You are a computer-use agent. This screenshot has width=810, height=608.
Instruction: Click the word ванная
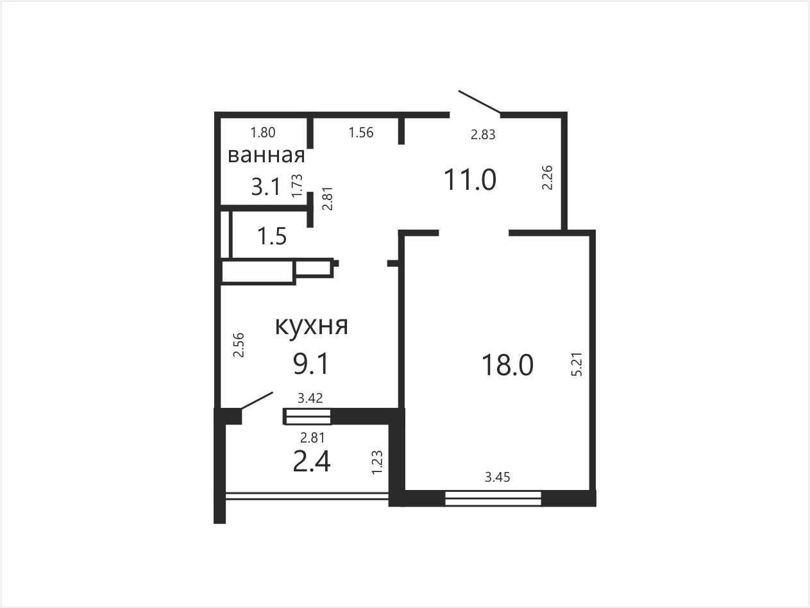coord(266,155)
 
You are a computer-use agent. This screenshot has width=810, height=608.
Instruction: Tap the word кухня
coord(312,326)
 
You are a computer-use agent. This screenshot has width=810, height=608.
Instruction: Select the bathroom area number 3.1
coord(266,187)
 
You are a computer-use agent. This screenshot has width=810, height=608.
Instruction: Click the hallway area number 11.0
coord(469,180)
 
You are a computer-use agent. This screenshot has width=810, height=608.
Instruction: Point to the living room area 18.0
coord(507,365)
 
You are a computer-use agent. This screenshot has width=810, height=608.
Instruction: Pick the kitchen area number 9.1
coord(310,364)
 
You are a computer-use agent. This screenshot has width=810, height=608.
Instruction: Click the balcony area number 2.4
coord(312,462)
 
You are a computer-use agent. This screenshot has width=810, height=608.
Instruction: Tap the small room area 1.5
coord(272,236)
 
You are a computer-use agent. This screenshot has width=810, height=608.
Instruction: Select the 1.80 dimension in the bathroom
coord(263,133)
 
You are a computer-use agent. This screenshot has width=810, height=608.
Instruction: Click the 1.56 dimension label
coord(361,133)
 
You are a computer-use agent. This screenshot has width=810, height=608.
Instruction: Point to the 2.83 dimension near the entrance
coord(483,135)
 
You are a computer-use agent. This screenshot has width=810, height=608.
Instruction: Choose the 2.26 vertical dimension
coord(547,178)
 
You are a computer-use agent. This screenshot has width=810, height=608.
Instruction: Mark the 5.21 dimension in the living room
coord(577,364)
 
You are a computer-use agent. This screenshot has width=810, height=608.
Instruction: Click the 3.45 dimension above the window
coord(497,477)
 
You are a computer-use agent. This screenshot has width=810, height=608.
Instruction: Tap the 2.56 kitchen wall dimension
coord(239,345)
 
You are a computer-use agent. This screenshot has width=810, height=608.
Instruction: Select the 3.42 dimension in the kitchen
coord(310,398)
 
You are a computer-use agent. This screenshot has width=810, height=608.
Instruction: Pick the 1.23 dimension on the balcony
coord(377,463)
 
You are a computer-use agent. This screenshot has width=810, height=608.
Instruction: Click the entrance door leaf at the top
coord(479,101)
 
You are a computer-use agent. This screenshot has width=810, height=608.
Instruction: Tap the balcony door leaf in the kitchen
coord(257,400)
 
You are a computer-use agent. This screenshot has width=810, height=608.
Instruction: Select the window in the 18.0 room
coord(493,498)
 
